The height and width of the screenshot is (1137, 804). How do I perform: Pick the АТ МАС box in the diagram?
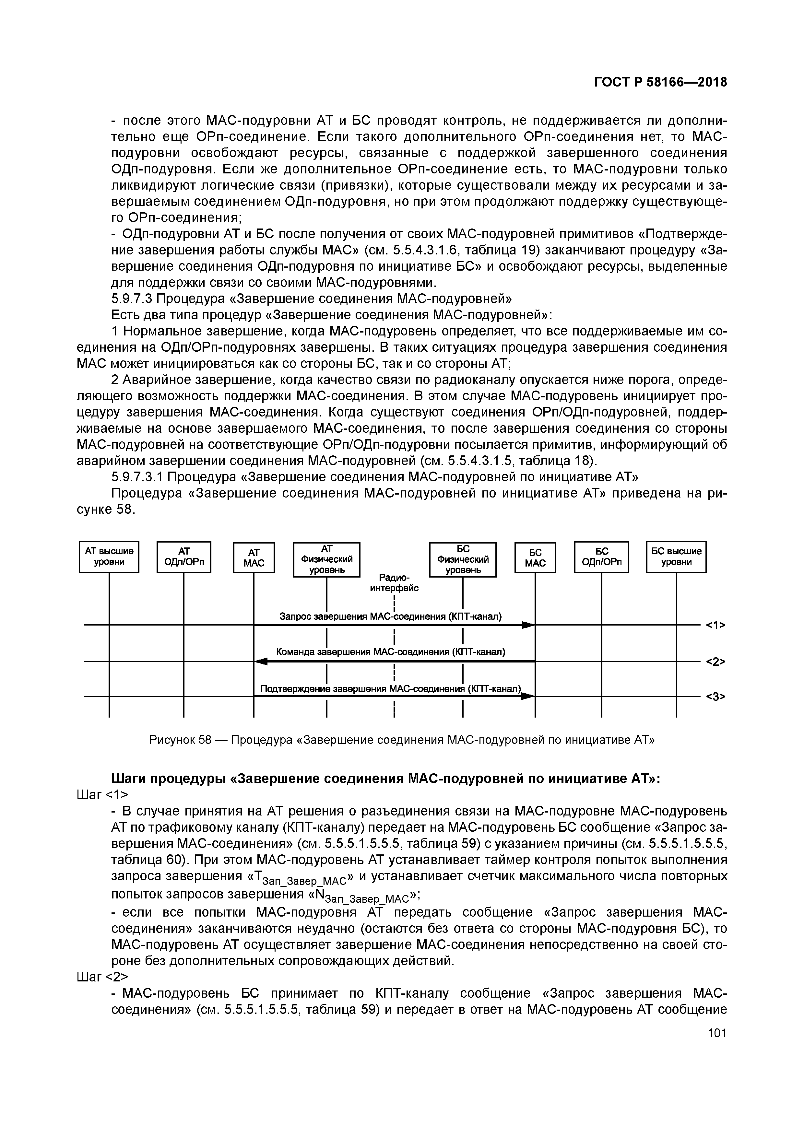coord(254,557)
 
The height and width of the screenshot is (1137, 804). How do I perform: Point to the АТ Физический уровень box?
coord(326,559)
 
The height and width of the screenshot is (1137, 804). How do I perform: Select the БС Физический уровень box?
coord(463,559)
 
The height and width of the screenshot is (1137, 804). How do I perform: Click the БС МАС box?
coord(535,557)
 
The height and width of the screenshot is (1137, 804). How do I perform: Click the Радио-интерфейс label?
coord(394,583)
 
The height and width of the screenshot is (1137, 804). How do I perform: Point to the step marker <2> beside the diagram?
coord(715,662)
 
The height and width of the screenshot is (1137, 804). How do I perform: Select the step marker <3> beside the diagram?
coord(715,697)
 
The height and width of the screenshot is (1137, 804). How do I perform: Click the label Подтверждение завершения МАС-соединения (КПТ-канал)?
coord(391,689)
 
